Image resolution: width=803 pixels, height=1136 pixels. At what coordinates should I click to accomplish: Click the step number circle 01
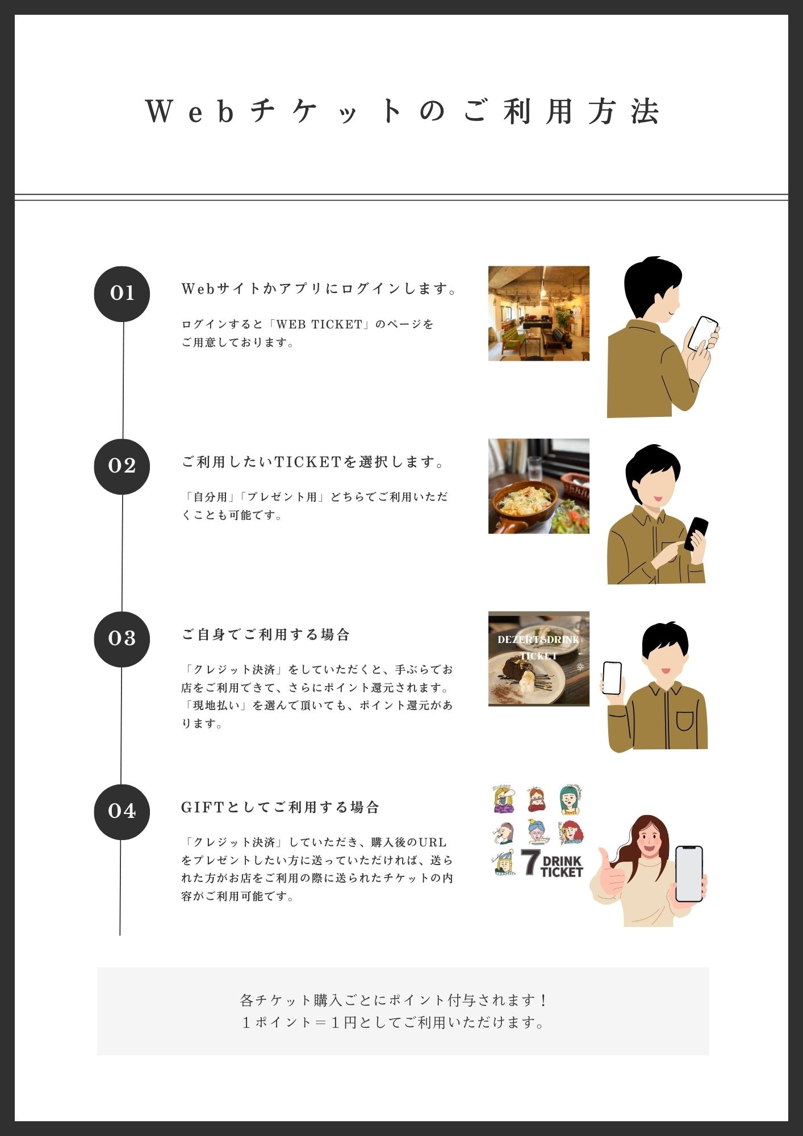[x=122, y=294]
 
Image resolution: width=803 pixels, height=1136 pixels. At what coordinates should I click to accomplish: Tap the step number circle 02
[x=122, y=466]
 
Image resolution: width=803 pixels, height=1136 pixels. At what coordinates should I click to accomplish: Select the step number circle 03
[x=122, y=639]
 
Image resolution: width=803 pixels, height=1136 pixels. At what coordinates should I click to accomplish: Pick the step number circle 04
[x=122, y=812]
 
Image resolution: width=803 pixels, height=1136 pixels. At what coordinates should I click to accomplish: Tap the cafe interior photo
[x=539, y=314]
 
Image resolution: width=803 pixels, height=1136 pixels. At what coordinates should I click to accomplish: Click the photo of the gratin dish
[x=539, y=486]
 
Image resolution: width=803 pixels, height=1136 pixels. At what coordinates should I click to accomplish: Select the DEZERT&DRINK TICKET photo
[x=539, y=659]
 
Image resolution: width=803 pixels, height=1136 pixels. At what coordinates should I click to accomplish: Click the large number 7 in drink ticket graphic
[x=530, y=862]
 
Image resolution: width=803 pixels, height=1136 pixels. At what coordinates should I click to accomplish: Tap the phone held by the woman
[x=689, y=874]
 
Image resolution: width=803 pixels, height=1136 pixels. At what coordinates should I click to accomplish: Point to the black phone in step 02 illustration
[x=696, y=534]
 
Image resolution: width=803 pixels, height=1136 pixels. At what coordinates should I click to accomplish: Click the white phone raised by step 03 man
[x=612, y=678]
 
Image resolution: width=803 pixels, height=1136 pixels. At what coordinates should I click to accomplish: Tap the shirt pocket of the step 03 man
[x=685, y=720]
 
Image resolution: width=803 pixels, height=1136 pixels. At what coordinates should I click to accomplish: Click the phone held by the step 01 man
[x=702, y=333]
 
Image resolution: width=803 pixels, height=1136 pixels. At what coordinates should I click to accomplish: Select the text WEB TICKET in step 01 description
[x=319, y=324]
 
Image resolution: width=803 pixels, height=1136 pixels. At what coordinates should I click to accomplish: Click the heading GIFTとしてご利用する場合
[x=280, y=807]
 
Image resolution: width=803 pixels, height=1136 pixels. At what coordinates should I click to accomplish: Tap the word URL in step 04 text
[x=432, y=842]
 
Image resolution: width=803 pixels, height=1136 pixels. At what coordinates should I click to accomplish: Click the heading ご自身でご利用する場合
[x=265, y=634]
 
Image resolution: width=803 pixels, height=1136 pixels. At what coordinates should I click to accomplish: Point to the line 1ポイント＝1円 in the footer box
[x=394, y=1022]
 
